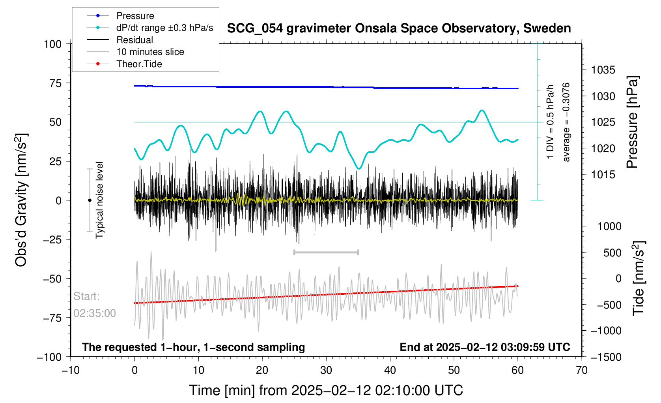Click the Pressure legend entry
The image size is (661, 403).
tap(135, 16)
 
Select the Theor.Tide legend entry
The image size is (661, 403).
tap(139, 64)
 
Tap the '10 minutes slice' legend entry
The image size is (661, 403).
tap(150, 52)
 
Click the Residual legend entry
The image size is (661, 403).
tap(134, 40)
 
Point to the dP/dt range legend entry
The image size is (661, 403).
tap(164, 28)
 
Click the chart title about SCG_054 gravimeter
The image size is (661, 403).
tap(399, 28)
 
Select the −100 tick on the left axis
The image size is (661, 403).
tap(49, 357)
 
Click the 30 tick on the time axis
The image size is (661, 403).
tap(326, 370)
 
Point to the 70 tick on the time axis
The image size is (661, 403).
tap(581, 370)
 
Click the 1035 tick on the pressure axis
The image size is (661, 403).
tap(603, 70)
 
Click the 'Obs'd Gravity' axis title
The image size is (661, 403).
tap(21, 200)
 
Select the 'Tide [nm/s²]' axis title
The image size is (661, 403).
tap(639, 278)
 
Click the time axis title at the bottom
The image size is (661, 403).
tap(326, 390)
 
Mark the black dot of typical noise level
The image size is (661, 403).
tap(90, 200)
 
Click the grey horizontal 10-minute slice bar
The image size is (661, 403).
tap(326, 252)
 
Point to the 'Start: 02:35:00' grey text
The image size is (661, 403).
tap(95, 305)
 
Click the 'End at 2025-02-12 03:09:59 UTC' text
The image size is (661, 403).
tap(485, 347)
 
